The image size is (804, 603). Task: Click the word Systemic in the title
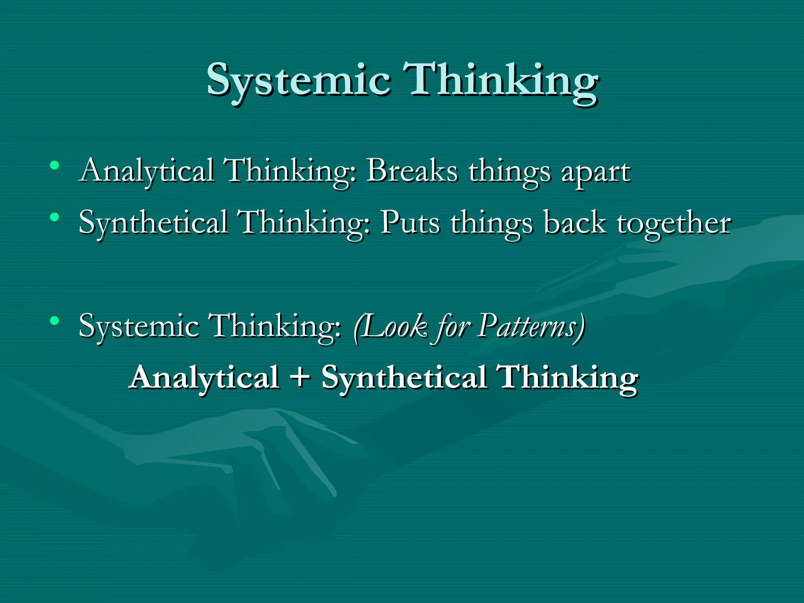click(x=298, y=80)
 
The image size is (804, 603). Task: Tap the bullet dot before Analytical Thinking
click(x=55, y=165)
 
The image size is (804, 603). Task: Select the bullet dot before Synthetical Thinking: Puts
click(x=55, y=217)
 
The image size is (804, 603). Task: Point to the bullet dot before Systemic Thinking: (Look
click(x=55, y=321)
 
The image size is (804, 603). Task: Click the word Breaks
click(x=412, y=171)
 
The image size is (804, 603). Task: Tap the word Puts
click(x=410, y=223)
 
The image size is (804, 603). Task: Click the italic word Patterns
click(x=528, y=326)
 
